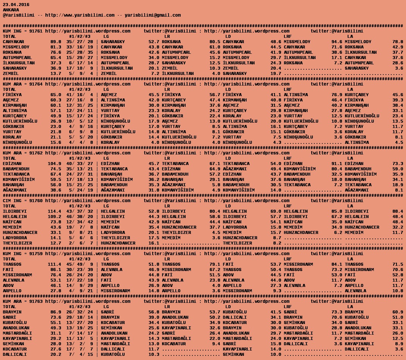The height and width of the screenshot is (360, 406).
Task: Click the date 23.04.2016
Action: [16, 5]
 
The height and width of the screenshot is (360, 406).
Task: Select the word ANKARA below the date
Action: [11, 10]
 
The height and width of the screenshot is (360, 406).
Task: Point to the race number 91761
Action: [36, 31]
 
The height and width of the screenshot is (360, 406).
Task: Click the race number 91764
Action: [36, 84]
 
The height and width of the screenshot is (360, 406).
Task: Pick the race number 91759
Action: [36, 254]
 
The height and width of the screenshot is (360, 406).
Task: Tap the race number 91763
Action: [36, 301]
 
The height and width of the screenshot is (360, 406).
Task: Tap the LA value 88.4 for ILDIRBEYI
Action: [398, 211]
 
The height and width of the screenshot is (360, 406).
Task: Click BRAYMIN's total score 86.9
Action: [56, 312]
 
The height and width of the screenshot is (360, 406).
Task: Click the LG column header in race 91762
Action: [106, 158]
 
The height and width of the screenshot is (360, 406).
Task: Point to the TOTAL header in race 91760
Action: [9, 206]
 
